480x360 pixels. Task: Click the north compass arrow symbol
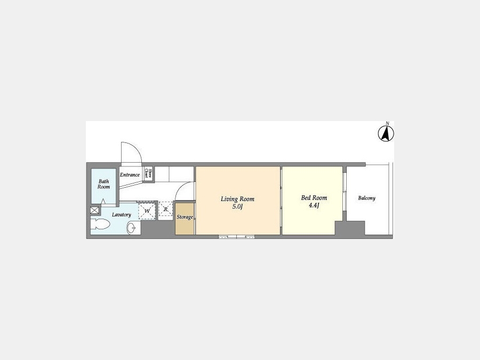point(386,134)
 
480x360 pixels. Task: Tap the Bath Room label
point(104,184)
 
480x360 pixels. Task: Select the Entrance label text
point(130,175)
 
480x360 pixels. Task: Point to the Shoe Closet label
point(148,173)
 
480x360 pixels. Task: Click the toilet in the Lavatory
point(100,224)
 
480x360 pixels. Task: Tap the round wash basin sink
point(132,228)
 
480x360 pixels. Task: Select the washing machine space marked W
point(147,211)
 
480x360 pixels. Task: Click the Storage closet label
point(185,217)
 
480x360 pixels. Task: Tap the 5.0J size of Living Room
point(237,206)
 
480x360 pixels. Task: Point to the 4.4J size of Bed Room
point(314,205)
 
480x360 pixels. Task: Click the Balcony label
point(367,198)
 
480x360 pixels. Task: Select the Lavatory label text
point(122,214)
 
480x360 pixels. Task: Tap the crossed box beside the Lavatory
point(94,210)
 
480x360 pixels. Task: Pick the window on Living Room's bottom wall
point(237,236)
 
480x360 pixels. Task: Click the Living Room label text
point(237,199)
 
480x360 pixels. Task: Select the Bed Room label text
point(314,198)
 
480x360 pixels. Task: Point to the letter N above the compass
point(388,123)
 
